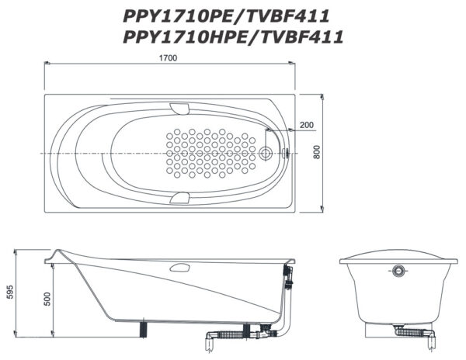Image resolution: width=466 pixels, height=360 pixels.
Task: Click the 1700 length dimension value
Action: click(168, 58)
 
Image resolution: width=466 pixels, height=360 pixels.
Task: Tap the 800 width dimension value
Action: click(317, 151)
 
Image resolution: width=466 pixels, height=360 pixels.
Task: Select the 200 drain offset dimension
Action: click(307, 125)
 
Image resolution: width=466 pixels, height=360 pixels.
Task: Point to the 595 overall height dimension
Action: click(10, 292)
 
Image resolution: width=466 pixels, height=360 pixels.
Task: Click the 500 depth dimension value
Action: click(47, 299)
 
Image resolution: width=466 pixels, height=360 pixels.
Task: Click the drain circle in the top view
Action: click(266, 153)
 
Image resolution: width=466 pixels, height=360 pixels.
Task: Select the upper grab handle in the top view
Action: click(179, 109)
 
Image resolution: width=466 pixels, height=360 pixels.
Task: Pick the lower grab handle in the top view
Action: click(179, 198)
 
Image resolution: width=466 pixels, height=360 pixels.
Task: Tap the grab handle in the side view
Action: click(179, 268)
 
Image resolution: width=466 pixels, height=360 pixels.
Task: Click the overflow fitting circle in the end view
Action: click(398, 270)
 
